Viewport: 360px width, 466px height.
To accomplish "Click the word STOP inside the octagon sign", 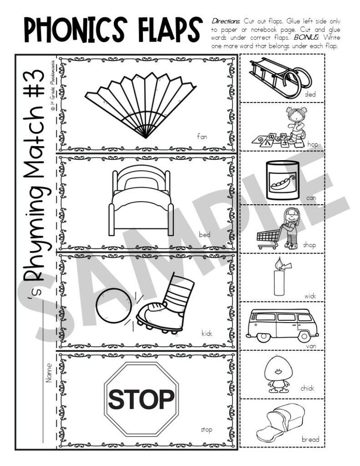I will point(141,399).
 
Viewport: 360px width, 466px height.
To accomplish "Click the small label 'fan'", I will point(202,136).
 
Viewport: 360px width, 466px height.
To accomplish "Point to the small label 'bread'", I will point(310,439).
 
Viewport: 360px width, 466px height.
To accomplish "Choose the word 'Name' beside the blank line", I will point(49,372).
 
